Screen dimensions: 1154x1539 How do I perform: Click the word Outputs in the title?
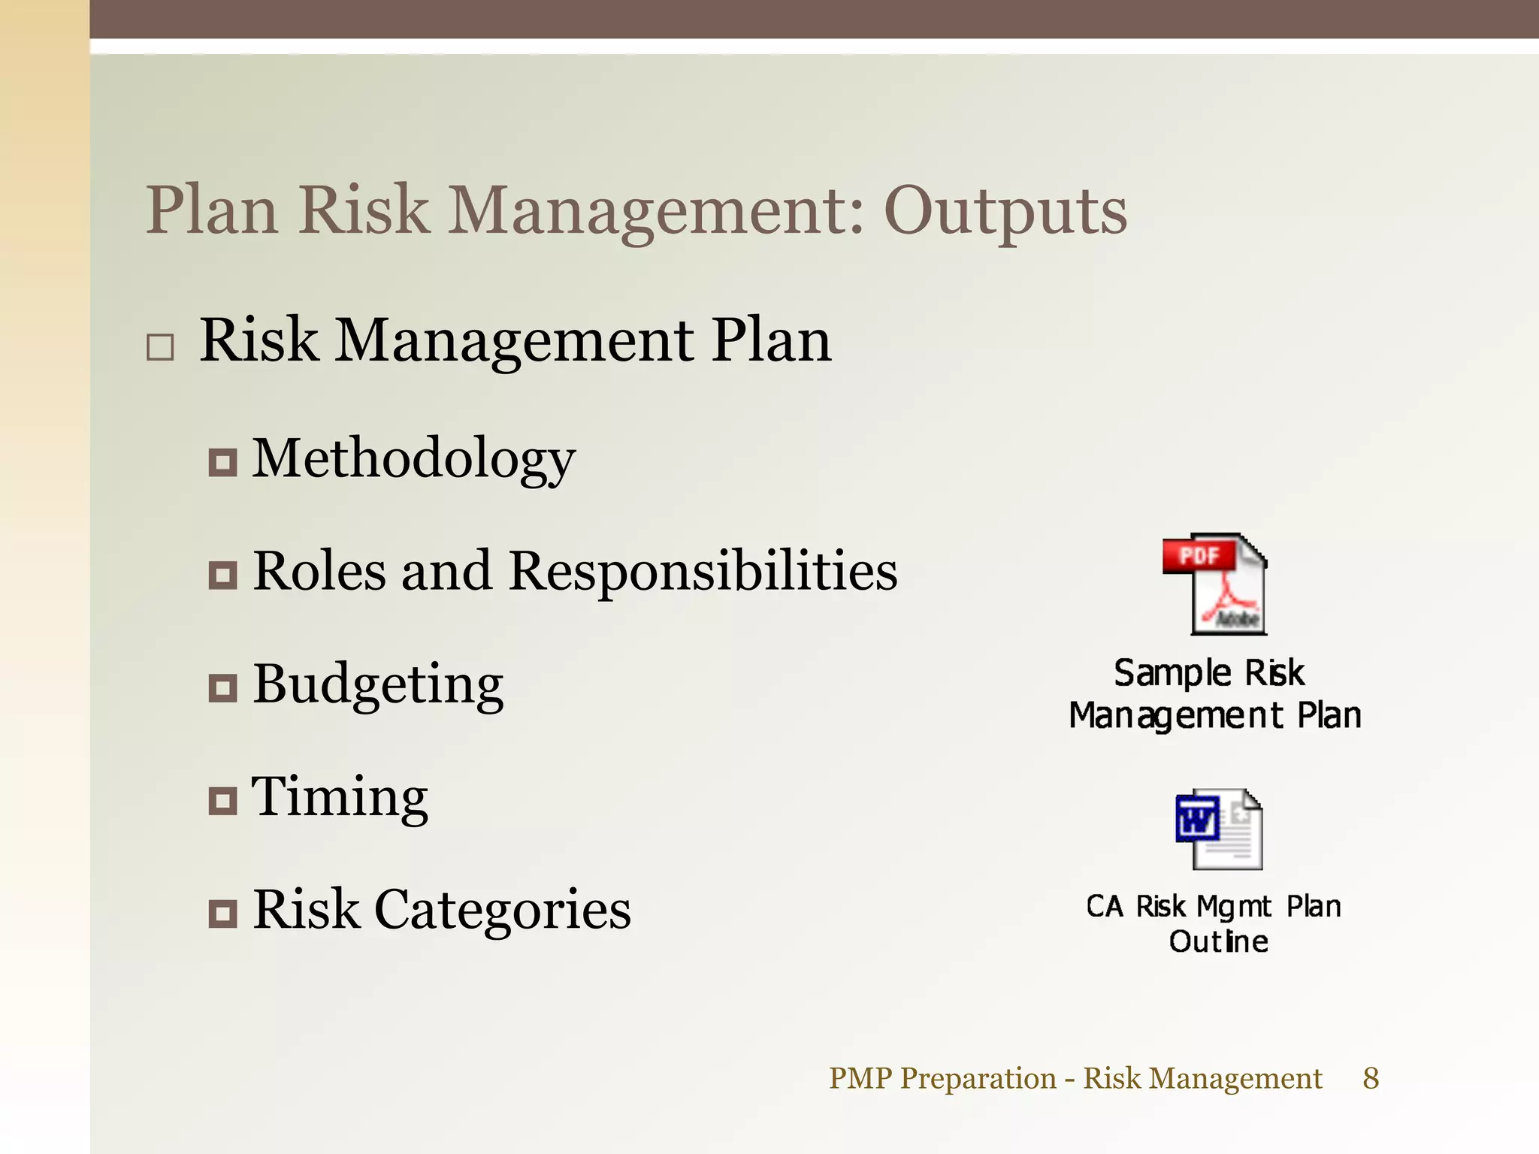[x=1005, y=212]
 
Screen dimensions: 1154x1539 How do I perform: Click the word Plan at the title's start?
[x=212, y=212]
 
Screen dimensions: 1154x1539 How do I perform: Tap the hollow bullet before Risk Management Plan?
[x=160, y=348]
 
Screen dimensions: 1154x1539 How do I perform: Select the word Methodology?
[x=413, y=459]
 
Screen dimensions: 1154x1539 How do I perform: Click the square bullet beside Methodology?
[x=222, y=462]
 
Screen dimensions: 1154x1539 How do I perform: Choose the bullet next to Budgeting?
[x=222, y=687]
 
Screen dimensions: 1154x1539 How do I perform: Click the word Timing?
[x=340, y=797]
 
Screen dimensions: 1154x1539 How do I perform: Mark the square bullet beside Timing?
[x=222, y=801]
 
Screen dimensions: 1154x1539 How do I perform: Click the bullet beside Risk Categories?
[x=222, y=914]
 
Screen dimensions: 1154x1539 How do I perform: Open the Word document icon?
[x=1219, y=829]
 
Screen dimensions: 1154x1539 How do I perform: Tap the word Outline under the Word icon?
[x=1218, y=941]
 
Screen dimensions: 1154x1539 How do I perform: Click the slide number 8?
[x=1371, y=1078]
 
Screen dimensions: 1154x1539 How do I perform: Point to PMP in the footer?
[x=860, y=1078]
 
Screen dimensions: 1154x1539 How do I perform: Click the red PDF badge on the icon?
[x=1199, y=556]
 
